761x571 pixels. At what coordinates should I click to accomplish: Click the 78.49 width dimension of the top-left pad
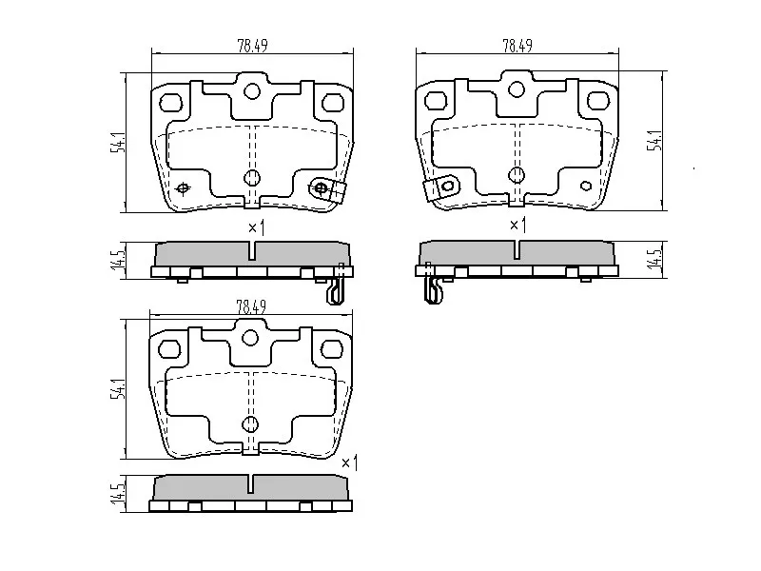pos(251,44)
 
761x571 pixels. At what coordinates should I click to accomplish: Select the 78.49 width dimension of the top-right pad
pos(517,44)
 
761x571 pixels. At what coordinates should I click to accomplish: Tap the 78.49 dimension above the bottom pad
pos(250,305)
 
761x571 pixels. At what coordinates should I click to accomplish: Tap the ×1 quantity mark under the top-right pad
pos(518,226)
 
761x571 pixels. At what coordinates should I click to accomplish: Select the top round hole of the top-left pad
pos(252,91)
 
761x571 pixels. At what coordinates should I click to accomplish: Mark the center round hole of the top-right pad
pos(517,174)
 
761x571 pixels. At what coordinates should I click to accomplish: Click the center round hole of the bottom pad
pos(251,423)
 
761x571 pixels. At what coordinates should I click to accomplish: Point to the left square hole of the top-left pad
pos(171,102)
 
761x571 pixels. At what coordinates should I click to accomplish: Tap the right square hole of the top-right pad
pos(598,101)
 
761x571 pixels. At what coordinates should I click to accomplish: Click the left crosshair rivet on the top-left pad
pos(184,187)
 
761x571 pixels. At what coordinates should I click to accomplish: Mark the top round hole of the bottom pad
pos(251,338)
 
